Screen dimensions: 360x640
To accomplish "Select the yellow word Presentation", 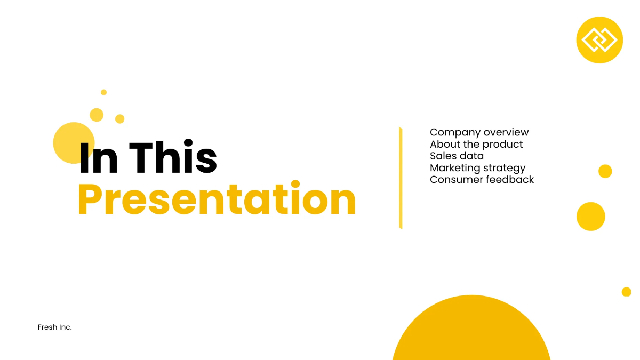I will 217,199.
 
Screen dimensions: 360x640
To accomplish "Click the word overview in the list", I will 506,132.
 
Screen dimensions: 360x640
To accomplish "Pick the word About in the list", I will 444,144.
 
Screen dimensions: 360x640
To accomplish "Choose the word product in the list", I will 501,144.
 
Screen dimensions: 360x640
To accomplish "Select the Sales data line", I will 457,156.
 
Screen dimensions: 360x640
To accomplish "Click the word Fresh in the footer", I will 47,327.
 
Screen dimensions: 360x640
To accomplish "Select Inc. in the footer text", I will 65,327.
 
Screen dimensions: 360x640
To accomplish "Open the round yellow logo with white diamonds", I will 599,40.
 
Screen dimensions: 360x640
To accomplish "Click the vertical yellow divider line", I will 400,178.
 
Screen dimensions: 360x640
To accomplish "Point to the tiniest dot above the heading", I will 103,92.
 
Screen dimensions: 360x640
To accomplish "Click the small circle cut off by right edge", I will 626,292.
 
